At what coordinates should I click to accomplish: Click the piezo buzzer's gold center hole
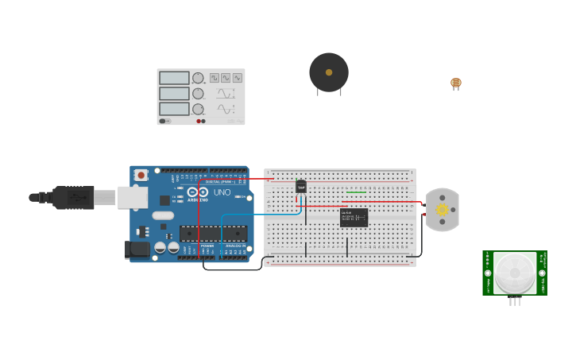coord(329,72)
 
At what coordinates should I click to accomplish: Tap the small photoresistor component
coord(455,83)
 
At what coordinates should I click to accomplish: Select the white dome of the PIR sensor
coord(515,273)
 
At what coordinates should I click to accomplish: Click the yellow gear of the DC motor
coord(443,210)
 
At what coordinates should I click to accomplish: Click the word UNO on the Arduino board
coord(222,192)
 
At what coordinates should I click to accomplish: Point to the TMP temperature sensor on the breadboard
coord(301,186)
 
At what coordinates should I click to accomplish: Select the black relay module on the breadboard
coord(354,218)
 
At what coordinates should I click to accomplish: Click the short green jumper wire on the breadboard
coord(357,192)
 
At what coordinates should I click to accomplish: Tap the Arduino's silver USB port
coord(133,197)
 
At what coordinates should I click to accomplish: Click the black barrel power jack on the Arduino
coord(137,250)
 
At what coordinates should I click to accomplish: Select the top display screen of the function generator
coord(174,78)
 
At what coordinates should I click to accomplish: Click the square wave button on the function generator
coord(214,78)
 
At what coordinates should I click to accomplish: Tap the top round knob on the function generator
coord(198,78)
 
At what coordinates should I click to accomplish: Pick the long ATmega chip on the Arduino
coord(213,234)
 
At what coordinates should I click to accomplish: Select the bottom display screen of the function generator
coord(174,109)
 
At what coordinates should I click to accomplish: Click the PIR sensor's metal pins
coord(515,300)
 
